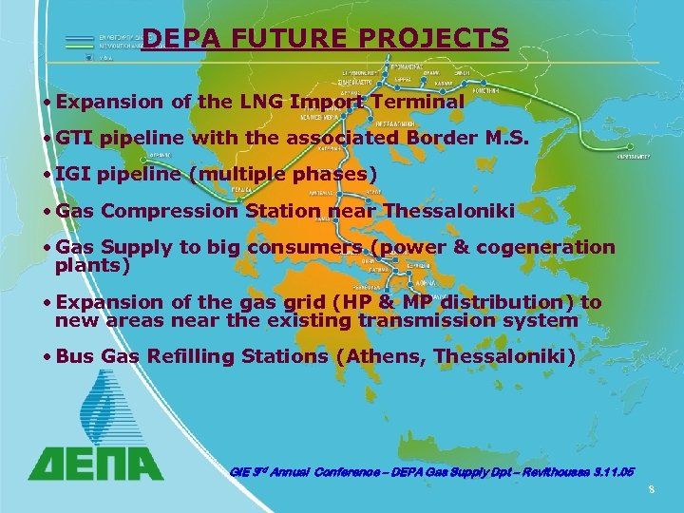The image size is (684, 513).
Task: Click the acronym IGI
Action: click(73, 175)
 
